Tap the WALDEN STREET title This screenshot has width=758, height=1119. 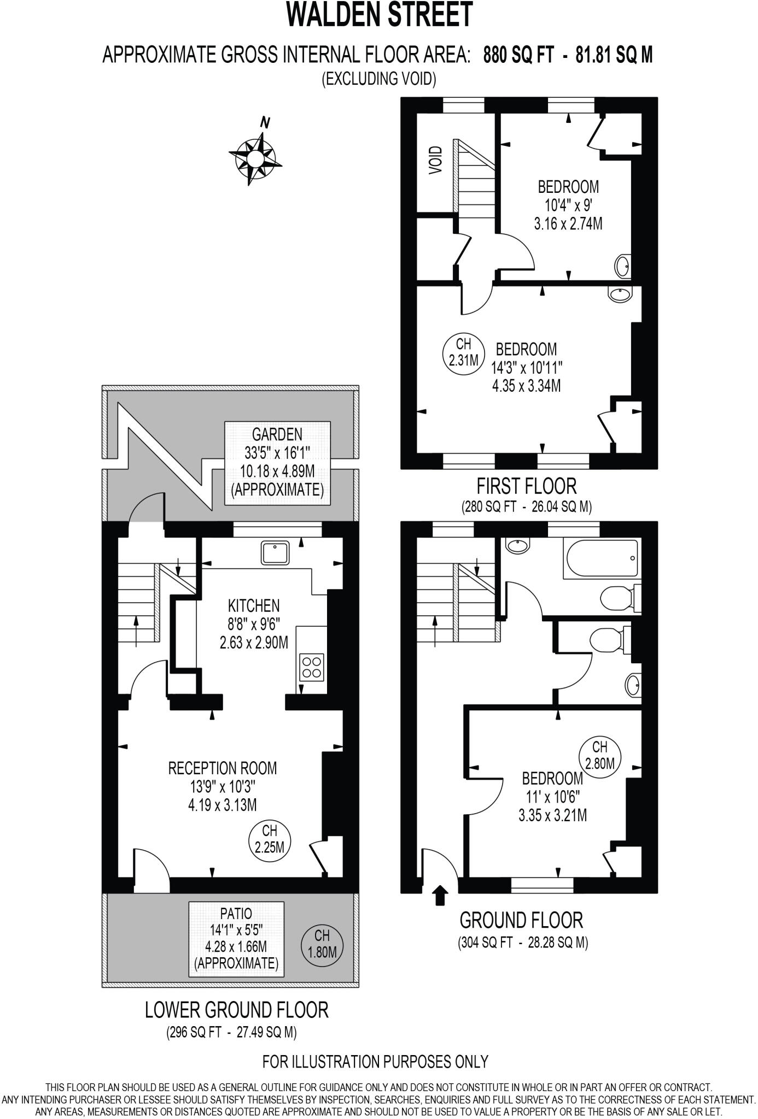pyautogui.click(x=379, y=15)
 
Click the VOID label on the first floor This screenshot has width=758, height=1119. pyautogui.click(x=436, y=160)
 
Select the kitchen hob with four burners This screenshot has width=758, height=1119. pyautogui.click(x=312, y=667)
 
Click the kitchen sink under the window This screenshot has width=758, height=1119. pyautogui.click(x=278, y=553)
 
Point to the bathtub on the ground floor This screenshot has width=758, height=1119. pyautogui.click(x=601, y=559)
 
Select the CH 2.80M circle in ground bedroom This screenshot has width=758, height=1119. pyautogui.click(x=600, y=755)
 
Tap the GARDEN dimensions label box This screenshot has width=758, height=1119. pyautogui.click(x=277, y=463)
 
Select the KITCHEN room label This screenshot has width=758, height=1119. pyautogui.click(x=254, y=605)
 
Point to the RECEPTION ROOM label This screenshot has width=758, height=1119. pyautogui.click(x=223, y=768)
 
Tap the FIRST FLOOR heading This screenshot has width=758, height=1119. pyautogui.click(x=527, y=485)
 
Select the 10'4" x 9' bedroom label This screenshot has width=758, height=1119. pyautogui.click(x=568, y=205)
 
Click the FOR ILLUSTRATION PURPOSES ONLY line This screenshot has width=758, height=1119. pyautogui.click(x=375, y=1062)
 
